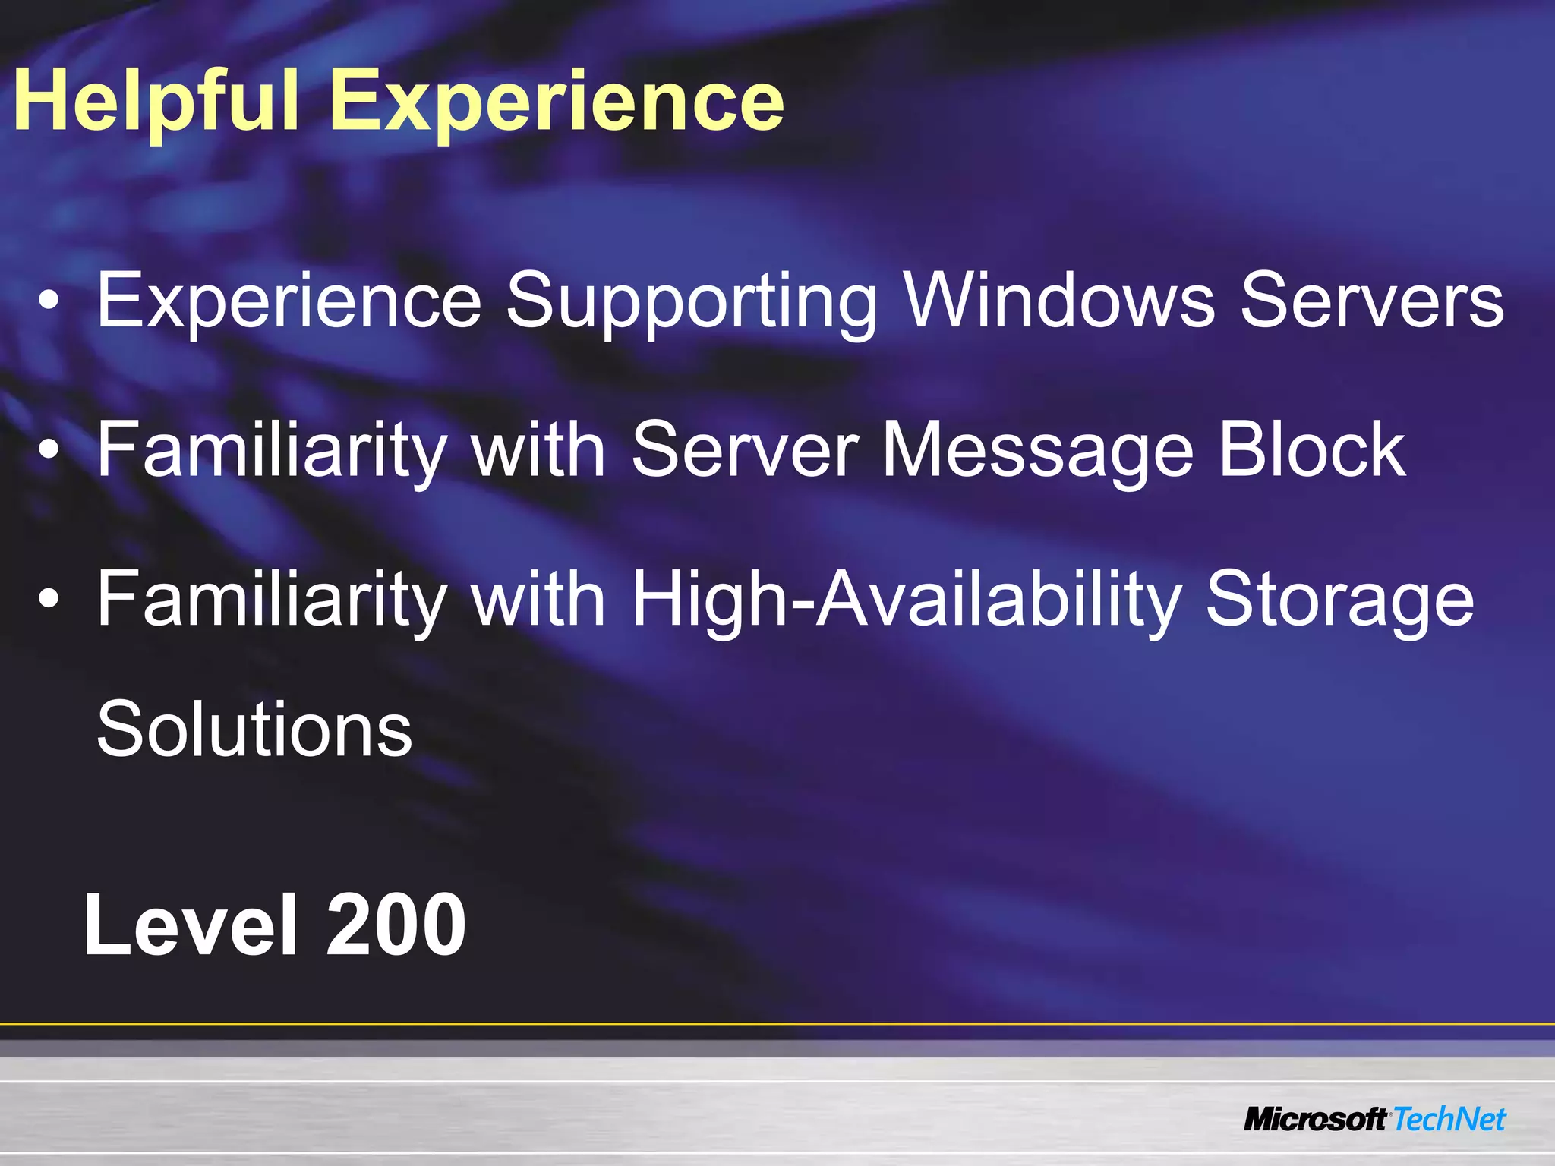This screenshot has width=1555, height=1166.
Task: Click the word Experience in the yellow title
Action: [x=557, y=101]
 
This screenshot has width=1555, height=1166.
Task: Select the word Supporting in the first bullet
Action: [x=692, y=301]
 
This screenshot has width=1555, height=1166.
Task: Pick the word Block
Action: [x=1312, y=449]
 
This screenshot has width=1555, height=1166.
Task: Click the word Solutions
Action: [x=254, y=729]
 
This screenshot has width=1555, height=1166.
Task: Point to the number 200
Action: [x=396, y=925]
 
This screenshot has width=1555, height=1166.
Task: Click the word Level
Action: [x=191, y=925]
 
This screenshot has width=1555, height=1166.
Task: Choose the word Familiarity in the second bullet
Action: [x=271, y=449]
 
